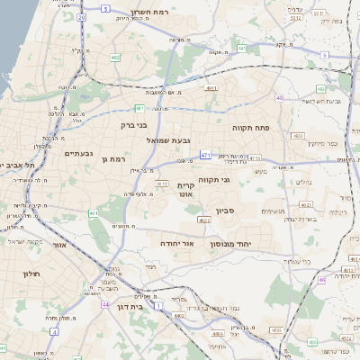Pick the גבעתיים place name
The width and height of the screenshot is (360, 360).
79,153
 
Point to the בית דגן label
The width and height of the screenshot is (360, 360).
130,306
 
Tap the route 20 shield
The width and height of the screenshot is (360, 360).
82,17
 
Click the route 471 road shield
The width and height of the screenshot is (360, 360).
205,155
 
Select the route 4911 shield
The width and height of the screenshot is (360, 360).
211,88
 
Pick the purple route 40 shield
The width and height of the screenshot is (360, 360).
280,98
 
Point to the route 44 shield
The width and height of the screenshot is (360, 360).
105,304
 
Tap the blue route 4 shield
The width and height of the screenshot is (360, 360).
54,331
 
